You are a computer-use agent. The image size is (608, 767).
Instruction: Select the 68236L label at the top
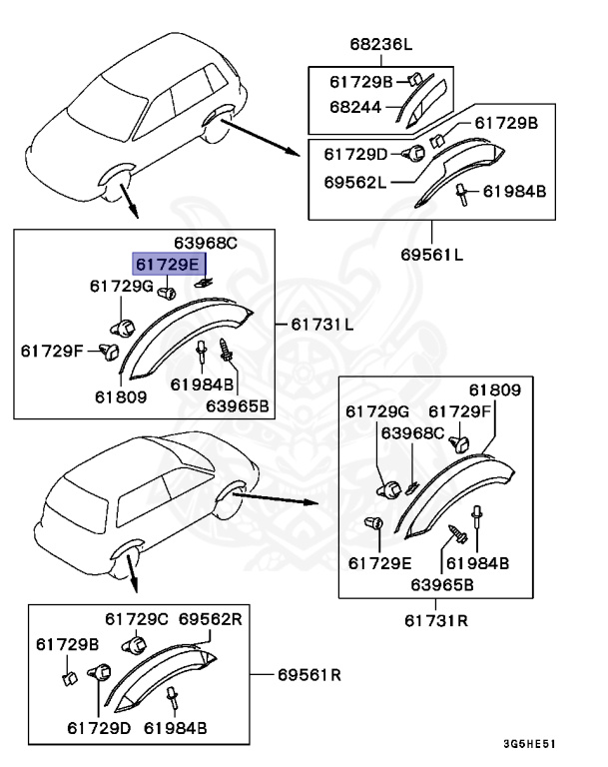[380, 45]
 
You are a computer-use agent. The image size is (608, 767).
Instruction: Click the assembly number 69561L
[431, 254]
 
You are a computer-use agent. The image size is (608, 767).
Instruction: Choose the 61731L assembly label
[321, 326]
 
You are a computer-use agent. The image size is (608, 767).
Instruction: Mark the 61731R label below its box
[437, 620]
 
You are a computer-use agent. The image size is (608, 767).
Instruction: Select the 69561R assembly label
[308, 675]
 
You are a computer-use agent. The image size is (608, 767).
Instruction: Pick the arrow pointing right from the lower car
[281, 496]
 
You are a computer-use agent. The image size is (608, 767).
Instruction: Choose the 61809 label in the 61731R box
[495, 389]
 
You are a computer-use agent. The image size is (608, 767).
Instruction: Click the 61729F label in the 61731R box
[460, 410]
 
